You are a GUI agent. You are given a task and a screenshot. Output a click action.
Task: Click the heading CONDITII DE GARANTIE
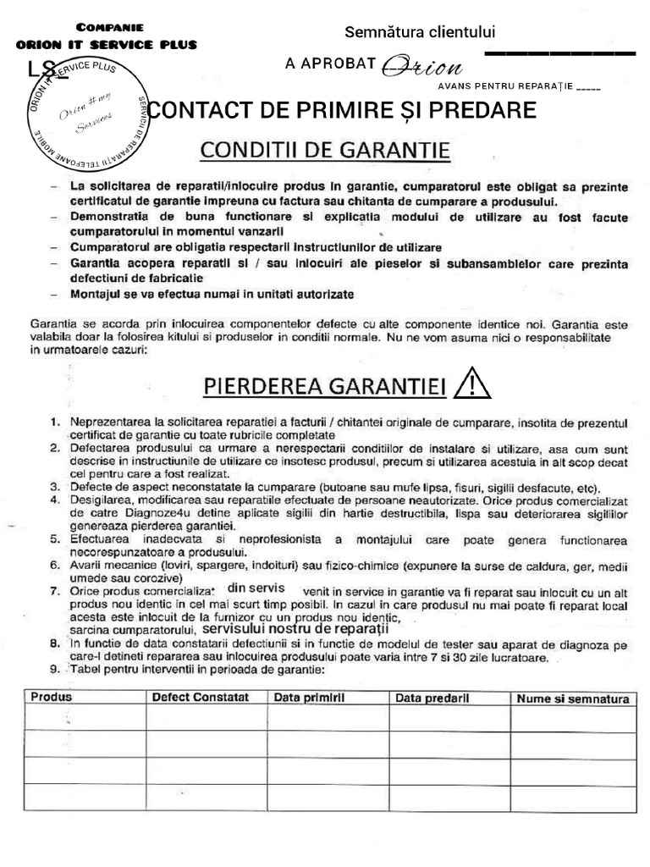pyautogui.click(x=325, y=152)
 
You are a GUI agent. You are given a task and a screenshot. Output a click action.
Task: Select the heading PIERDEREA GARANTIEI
pyautogui.click(x=322, y=386)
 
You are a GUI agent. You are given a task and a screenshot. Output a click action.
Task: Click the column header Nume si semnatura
pyautogui.click(x=573, y=699)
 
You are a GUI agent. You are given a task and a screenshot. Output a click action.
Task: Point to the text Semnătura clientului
pyautogui.click(x=419, y=32)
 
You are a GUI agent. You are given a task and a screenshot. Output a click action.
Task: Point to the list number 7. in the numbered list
pyautogui.click(x=54, y=589)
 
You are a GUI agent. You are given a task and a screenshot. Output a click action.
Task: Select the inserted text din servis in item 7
pyautogui.click(x=256, y=588)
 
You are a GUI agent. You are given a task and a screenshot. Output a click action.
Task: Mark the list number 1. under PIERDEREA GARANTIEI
pyautogui.click(x=54, y=421)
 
